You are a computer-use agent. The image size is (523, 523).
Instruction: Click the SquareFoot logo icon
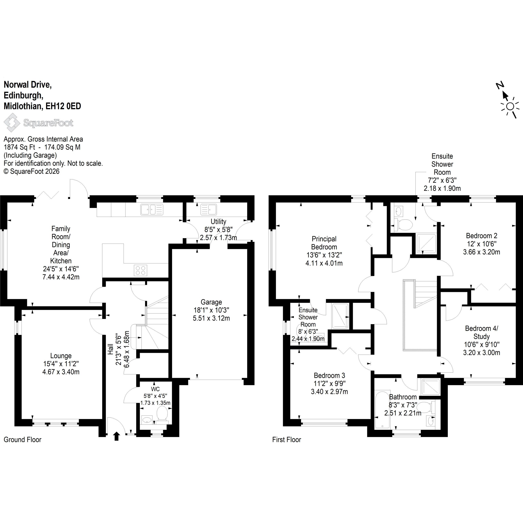click(x=12, y=123)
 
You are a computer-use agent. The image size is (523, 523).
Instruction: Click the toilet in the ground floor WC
click(x=162, y=415)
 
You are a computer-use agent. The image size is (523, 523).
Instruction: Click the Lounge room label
click(x=61, y=356)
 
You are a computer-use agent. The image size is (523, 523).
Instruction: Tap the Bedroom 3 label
click(x=330, y=375)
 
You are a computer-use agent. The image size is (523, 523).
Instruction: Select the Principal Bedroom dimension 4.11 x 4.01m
click(x=324, y=263)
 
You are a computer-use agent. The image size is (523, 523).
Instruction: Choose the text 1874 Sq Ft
click(x=19, y=147)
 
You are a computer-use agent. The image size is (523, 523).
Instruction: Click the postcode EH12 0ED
click(x=63, y=106)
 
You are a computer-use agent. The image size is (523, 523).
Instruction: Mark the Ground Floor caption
click(x=22, y=439)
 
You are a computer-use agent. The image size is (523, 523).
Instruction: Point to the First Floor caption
click(x=287, y=439)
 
